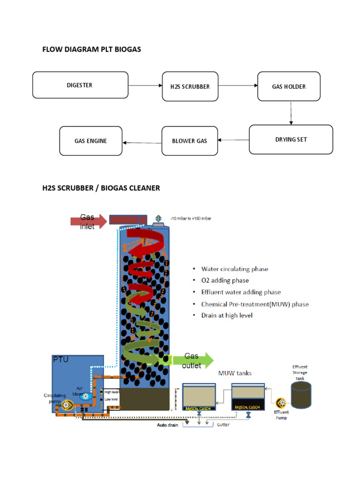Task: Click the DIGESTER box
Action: coord(80,85)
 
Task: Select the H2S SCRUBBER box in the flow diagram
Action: coord(190,86)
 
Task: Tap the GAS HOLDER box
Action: coord(289,86)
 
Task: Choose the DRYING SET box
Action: coord(291,139)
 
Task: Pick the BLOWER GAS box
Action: coord(189,141)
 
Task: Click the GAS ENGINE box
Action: coord(90,141)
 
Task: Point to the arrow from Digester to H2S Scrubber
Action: coord(145,86)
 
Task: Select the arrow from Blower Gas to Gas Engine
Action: coord(142,142)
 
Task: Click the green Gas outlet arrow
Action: coord(192,360)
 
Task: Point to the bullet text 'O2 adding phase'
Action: coord(225,280)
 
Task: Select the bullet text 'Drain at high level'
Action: coord(227,315)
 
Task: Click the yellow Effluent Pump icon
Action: coord(281,402)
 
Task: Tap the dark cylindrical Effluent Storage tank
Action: coord(301,394)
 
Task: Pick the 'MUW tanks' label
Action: coord(235,373)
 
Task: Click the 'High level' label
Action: coord(112,392)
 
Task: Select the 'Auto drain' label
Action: coord(167,426)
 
